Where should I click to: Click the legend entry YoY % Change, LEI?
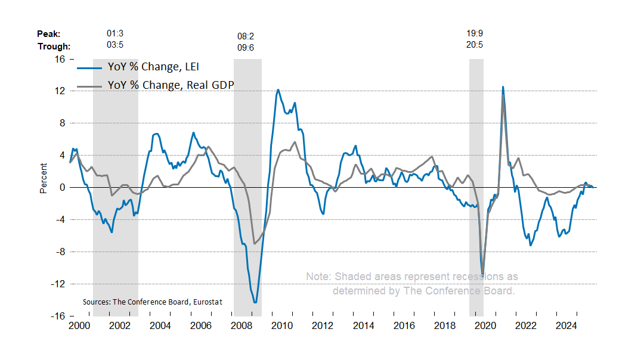[x=157, y=67]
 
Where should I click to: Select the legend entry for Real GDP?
[x=170, y=85]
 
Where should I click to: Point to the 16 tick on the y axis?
[x=60, y=59]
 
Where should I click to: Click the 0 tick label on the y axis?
[x=61, y=188]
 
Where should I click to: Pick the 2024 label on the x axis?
[x=566, y=326]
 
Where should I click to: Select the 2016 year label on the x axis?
[x=404, y=326]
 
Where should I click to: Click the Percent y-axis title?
[x=43, y=178]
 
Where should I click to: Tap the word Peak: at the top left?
[x=49, y=34]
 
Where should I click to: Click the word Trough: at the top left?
[x=54, y=46]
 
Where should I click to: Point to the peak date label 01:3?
[x=114, y=34]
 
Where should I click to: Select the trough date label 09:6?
[x=246, y=48]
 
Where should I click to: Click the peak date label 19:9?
[x=475, y=34]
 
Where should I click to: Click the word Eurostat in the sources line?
[x=206, y=302]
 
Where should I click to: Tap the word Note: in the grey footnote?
[x=318, y=277]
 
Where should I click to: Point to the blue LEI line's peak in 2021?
[x=503, y=87]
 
